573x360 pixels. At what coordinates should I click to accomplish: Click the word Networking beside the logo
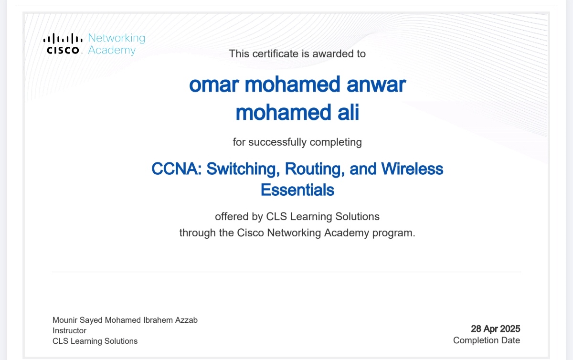click(x=117, y=38)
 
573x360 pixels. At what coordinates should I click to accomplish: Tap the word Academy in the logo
click(x=112, y=51)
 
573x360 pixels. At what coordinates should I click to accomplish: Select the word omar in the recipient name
click(x=214, y=85)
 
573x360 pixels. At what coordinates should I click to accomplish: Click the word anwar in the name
click(x=376, y=85)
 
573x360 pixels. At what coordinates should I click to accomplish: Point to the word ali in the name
click(x=348, y=112)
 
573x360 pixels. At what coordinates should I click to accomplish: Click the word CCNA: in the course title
click(x=177, y=169)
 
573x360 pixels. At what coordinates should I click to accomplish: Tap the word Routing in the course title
click(x=315, y=169)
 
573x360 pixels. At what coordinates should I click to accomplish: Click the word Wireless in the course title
click(x=412, y=169)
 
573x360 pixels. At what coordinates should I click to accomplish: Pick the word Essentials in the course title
click(x=297, y=190)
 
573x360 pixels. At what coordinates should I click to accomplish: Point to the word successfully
click(x=277, y=142)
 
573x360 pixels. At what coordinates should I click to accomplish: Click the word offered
click(x=232, y=216)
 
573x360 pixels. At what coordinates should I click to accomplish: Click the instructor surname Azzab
click(x=186, y=320)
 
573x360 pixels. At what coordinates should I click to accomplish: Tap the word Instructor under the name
click(x=69, y=330)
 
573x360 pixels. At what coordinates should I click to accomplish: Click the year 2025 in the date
click(x=510, y=329)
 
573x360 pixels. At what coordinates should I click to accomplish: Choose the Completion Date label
click(x=487, y=340)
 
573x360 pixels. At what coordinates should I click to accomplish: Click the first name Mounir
click(x=65, y=320)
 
